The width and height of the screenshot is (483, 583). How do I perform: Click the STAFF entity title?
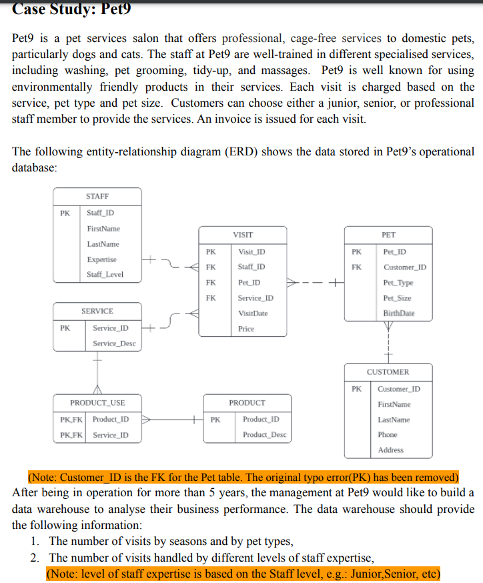(97, 196)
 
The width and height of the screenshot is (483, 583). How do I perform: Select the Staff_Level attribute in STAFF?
(105, 275)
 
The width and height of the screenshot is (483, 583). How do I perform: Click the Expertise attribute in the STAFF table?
(101, 259)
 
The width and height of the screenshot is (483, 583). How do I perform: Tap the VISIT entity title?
(243, 235)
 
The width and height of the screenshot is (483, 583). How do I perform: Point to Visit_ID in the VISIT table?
(251, 252)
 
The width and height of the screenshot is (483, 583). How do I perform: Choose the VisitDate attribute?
(253, 313)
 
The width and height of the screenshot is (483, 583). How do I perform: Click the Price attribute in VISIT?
(246, 329)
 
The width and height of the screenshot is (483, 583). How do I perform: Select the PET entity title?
(388, 235)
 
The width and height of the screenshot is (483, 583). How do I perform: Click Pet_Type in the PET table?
(398, 283)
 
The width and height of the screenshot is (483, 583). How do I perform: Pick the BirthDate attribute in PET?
(399, 313)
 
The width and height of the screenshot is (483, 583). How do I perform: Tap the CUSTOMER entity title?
(388, 372)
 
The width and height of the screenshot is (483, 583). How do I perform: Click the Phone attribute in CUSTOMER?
(388, 435)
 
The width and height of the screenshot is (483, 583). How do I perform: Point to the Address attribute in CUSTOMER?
(390, 450)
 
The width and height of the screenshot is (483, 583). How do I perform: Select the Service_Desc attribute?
(114, 344)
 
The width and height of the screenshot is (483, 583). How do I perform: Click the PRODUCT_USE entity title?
(97, 403)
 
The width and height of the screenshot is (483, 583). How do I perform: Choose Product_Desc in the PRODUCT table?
(264, 435)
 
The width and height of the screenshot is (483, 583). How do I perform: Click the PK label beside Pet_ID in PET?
(356, 252)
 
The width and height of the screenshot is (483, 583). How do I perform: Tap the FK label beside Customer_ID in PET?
(356, 267)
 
